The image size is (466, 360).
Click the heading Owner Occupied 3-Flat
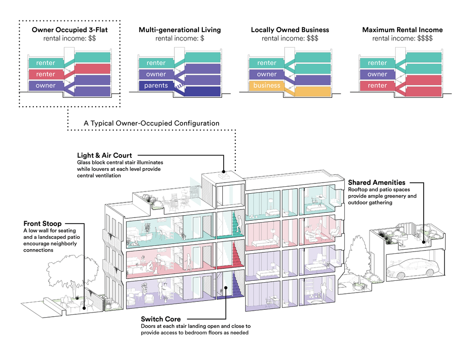pos(69,30)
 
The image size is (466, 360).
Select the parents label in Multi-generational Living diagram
pos(156,86)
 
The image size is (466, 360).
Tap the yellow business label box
pos(267,86)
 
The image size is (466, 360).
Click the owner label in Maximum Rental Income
pos(377,75)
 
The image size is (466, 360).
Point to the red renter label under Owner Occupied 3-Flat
pos(46,75)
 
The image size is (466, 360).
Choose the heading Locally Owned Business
pos(290,30)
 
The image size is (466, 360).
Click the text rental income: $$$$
pos(402,39)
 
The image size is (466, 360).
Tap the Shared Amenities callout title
pos(377,182)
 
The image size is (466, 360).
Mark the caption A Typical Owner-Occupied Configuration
pos(151,123)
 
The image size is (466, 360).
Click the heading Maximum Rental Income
pos(402,30)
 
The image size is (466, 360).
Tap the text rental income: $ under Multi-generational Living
pos(180,39)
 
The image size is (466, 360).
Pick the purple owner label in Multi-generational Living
pos(156,75)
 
